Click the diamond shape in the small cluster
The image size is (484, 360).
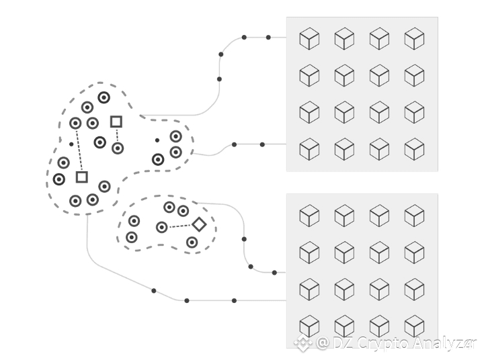(199, 224)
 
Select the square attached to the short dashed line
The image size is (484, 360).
(116, 122)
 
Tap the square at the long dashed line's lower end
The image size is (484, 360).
(82, 177)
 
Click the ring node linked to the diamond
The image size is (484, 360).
(162, 228)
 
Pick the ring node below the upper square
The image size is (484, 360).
(118, 148)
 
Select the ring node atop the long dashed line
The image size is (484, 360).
(75, 123)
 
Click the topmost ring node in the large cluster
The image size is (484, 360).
(104, 97)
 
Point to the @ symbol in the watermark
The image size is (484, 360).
(323, 343)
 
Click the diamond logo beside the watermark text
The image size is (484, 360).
(303, 343)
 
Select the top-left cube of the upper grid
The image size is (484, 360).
(309, 38)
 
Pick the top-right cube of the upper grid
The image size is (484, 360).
(414, 38)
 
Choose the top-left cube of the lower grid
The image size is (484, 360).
(309, 216)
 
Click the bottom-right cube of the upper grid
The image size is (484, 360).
(414, 149)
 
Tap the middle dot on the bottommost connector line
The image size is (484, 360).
(187, 300)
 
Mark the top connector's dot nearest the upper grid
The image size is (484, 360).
(268, 38)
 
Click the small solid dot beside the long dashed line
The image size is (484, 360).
(71, 144)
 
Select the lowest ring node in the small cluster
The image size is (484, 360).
(192, 242)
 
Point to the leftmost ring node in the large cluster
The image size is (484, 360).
(59, 179)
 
